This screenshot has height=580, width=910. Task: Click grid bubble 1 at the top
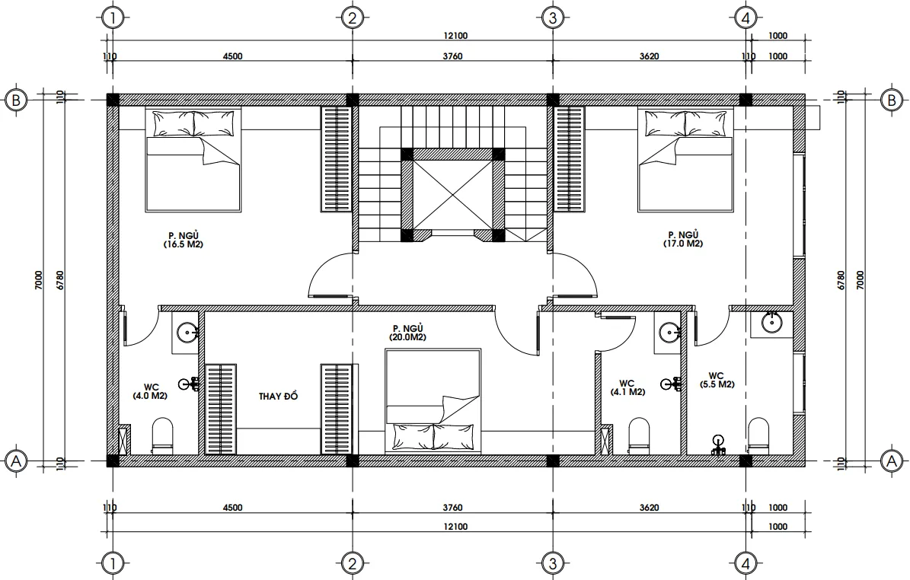click(x=112, y=17)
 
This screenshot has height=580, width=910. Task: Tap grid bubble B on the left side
click(x=16, y=100)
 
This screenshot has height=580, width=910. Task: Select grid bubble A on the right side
click(x=889, y=460)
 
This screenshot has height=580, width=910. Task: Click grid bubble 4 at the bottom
click(x=746, y=563)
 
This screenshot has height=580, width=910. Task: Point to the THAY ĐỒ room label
click(x=277, y=397)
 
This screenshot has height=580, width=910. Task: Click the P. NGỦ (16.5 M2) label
click(x=183, y=240)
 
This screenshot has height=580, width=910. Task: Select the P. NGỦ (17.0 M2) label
click(x=683, y=240)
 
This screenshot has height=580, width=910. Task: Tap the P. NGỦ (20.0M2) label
click(x=407, y=332)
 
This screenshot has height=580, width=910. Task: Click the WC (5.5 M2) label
click(x=716, y=380)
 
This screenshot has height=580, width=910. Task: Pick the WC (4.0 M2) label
click(x=148, y=391)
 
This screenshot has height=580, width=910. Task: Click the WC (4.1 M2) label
click(x=627, y=387)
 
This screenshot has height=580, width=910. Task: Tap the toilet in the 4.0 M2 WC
click(x=163, y=435)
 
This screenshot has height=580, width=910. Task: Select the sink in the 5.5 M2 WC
click(x=771, y=323)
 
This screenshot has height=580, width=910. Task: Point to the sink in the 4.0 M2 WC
click(x=187, y=332)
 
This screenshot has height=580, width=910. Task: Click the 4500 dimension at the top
click(x=231, y=56)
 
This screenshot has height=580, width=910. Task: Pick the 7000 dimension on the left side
click(x=49, y=280)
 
